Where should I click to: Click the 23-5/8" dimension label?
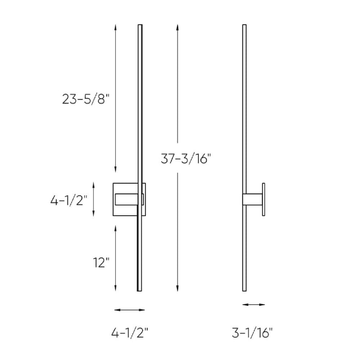pos(85,99)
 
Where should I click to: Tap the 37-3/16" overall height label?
pos(185,158)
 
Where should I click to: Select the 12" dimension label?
pos(101,262)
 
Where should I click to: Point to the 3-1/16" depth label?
pos(252,333)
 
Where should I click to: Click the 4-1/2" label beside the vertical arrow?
pos(69,200)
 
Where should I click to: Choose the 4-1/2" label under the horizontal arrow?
pos(130,333)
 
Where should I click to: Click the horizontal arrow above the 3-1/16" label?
pos(253,305)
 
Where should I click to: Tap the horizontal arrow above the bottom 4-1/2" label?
pos(130,310)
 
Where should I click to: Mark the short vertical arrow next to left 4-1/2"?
pos(94,199)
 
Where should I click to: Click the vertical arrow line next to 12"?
pos(115,258)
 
